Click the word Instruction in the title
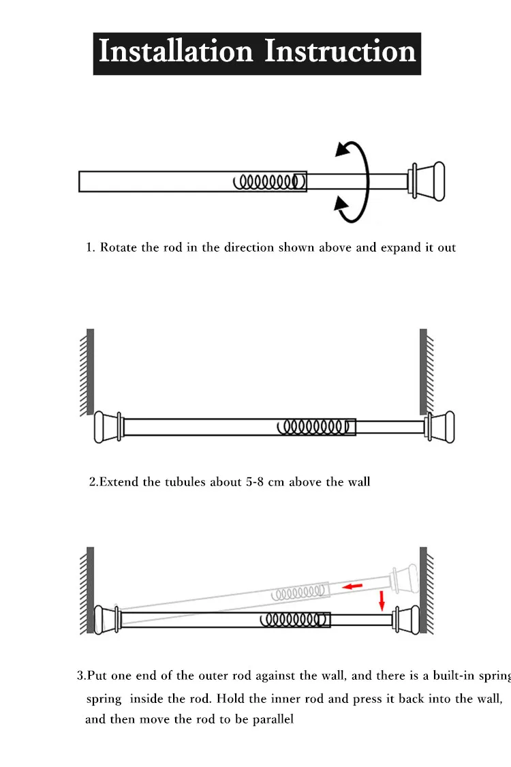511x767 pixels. (x=339, y=52)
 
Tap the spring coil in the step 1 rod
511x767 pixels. (x=267, y=181)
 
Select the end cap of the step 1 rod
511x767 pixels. (x=429, y=181)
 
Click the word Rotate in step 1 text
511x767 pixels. (x=119, y=247)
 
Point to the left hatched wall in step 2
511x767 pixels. (x=88, y=372)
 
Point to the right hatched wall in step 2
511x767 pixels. (x=424, y=372)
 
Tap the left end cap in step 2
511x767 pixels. (x=107, y=427)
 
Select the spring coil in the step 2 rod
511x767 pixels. (x=313, y=427)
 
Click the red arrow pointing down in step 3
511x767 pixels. (x=382, y=600)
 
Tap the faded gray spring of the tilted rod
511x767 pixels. (x=297, y=591)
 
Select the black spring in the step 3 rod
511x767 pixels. (x=289, y=619)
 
